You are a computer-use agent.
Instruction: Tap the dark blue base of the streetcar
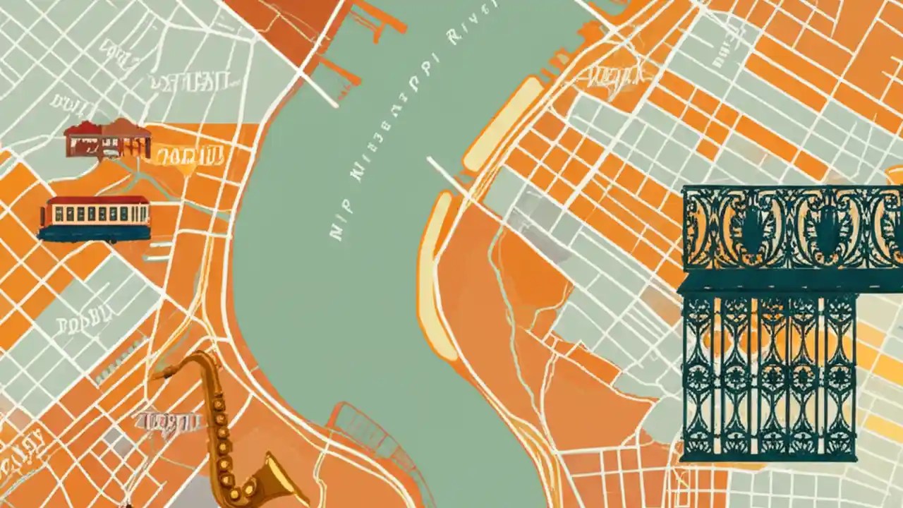coord(95,234)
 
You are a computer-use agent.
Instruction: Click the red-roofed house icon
coord(108,139)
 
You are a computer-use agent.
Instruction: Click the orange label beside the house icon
coord(189,155)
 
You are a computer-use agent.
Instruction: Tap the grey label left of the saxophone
coord(166,421)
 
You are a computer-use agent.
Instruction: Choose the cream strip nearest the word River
coord(502,123)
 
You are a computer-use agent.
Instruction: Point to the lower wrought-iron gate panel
coord(769,377)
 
